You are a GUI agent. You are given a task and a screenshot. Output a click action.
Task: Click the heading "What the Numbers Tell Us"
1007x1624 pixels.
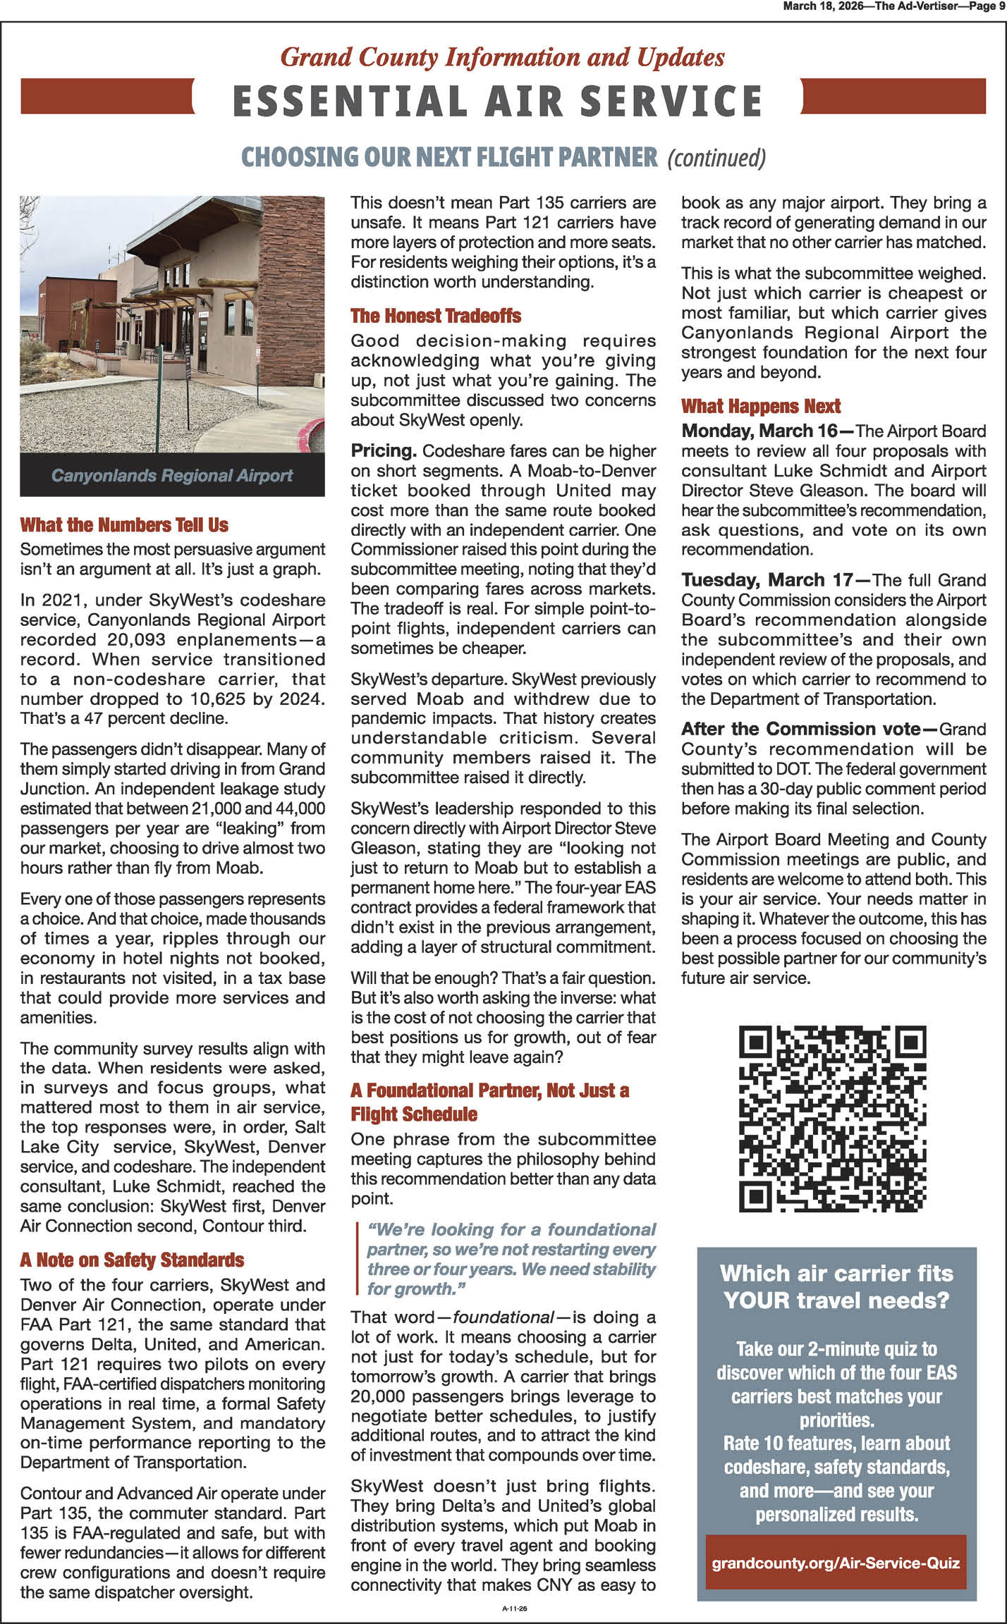124,525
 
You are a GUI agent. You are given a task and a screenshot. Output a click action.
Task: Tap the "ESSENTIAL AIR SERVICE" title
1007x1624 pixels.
497,101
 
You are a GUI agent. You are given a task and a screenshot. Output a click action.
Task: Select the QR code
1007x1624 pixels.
832,1119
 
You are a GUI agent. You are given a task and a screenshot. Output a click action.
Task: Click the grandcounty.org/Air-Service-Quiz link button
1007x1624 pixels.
836,1563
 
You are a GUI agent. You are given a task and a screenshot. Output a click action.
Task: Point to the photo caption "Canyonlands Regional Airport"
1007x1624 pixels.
172,476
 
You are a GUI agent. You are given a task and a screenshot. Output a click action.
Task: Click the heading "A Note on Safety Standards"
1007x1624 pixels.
132,1260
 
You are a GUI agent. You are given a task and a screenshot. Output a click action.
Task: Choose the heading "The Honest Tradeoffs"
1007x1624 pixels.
436,316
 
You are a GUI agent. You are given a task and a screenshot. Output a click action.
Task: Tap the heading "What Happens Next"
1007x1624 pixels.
761,406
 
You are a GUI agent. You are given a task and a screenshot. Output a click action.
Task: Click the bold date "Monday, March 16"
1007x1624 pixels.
759,431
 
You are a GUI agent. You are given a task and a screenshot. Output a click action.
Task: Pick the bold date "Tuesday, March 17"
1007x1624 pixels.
767,580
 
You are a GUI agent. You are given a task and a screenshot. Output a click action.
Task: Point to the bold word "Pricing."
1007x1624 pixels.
384,451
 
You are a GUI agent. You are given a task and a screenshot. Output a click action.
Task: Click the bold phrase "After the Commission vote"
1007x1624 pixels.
800,729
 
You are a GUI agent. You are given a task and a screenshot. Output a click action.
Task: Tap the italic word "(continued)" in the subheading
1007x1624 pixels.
716,157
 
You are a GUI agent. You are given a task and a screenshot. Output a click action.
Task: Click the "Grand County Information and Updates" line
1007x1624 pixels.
502,57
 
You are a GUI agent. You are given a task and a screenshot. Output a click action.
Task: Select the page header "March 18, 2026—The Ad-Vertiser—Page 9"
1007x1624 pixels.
894,6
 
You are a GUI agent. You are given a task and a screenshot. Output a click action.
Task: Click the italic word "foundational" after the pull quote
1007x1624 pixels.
502,1317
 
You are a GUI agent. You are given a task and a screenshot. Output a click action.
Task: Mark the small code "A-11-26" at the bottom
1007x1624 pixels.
515,1609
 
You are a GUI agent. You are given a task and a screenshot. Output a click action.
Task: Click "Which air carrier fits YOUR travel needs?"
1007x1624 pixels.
836,1286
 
